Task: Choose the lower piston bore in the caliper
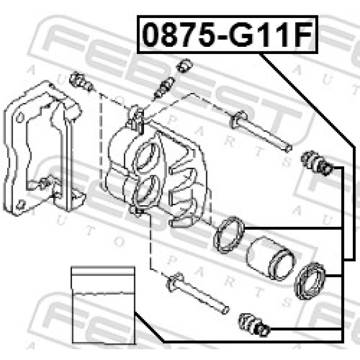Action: (145, 189)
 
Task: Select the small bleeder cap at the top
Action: (184, 65)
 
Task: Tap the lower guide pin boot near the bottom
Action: (254, 324)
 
